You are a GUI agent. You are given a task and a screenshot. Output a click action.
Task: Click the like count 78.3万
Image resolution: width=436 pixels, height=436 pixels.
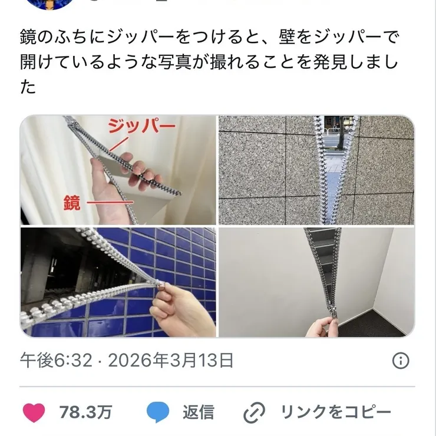click(x=85, y=412)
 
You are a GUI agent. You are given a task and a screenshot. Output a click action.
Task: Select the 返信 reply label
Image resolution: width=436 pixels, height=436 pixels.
click(x=198, y=412)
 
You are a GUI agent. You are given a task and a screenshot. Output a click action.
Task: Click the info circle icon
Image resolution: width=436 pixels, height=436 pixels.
click(x=401, y=361)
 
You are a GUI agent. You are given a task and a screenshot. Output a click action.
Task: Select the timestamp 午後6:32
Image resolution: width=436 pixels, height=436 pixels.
click(x=57, y=360)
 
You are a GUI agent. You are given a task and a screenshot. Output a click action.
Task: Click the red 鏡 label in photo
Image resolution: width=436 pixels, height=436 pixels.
click(x=71, y=204)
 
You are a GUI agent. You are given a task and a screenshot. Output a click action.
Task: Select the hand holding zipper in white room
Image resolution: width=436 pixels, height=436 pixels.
click(x=319, y=325)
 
